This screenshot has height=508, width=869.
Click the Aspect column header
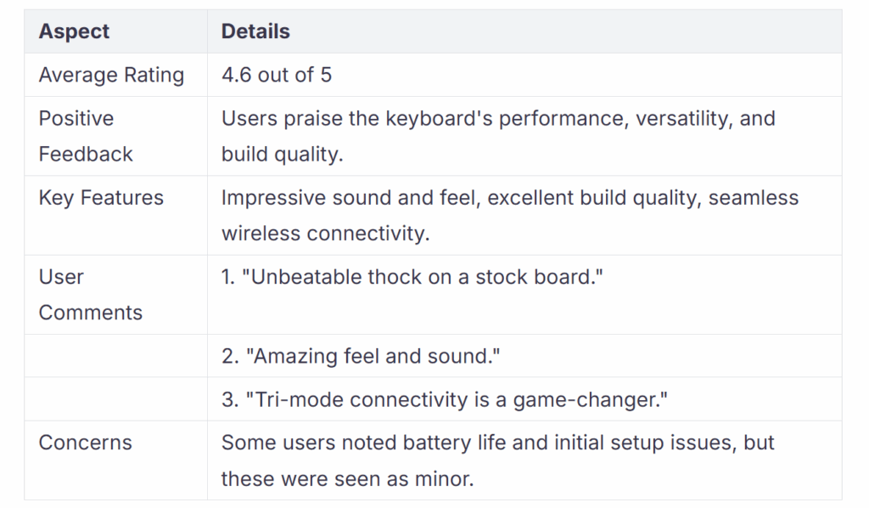click(74, 31)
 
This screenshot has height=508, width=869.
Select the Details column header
click(255, 31)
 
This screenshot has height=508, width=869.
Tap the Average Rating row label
click(111, 76)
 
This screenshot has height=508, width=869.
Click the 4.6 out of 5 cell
click(277, 75)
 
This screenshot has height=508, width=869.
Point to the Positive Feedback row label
click(86, 137)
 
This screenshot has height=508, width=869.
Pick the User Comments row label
click(90, 295)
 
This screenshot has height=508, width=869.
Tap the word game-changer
click(590, 400)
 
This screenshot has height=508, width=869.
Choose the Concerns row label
click(86, 443)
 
